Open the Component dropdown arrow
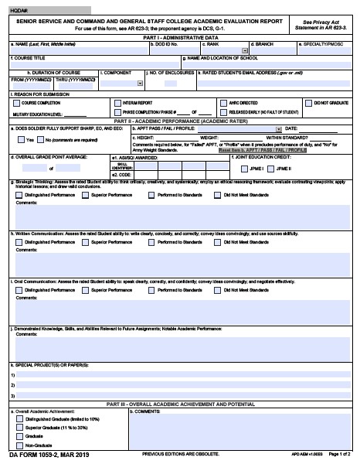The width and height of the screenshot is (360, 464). [139, 83]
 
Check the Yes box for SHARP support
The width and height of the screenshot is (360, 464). [19, 140]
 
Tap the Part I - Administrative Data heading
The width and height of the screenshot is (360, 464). [180, 37]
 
